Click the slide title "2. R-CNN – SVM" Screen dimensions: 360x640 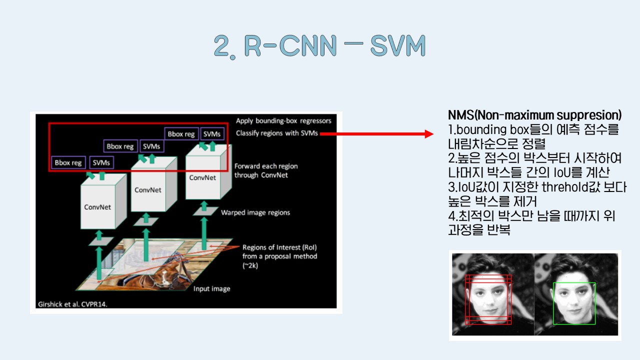[319, 46]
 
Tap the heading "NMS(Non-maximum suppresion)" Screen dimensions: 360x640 [534, 114]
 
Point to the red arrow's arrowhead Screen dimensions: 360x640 [428, 134]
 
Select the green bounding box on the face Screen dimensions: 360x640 [574, 303]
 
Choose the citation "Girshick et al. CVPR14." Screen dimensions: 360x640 [72, 303]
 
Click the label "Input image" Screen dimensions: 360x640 [211, 288]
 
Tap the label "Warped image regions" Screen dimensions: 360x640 [255, 212]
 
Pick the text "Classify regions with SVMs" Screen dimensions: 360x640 [276, 133]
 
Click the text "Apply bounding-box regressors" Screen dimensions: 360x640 [283, 121]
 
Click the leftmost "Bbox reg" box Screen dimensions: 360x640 [68, 162]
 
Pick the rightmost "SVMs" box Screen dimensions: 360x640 [212, 134]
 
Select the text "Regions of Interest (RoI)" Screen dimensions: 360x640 [279, 247]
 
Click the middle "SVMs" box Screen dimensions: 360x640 [151, 146]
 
